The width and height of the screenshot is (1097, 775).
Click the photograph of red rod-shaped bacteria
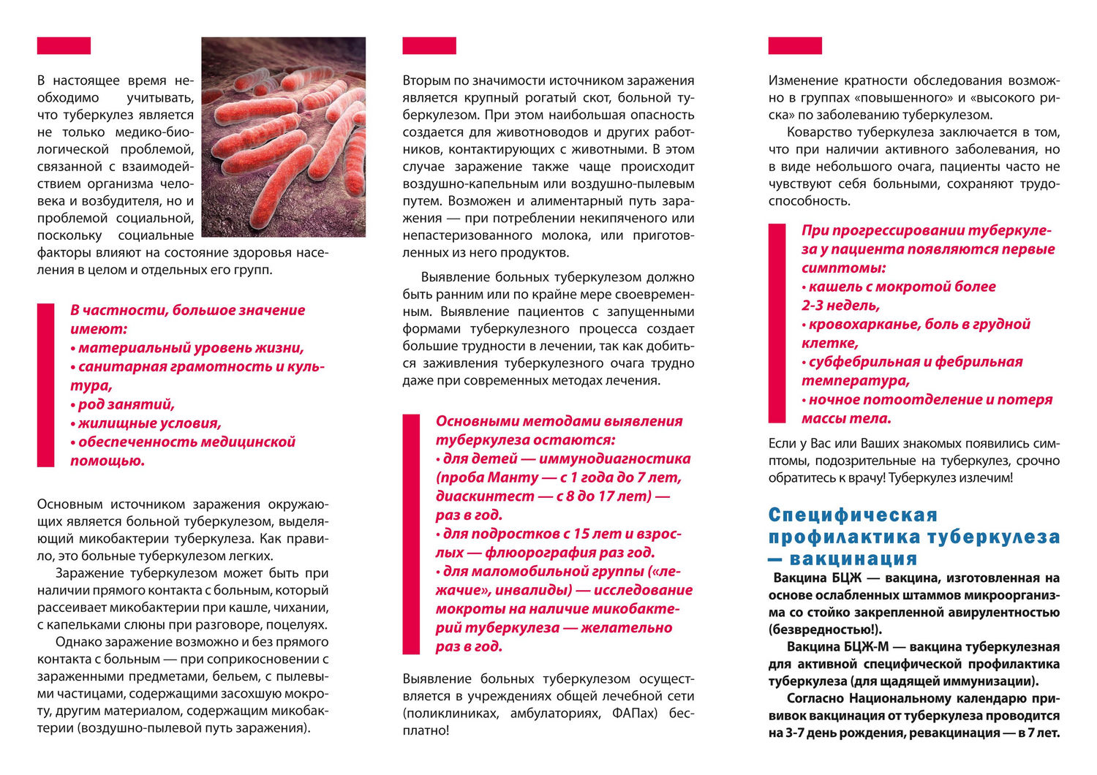pos(283,137)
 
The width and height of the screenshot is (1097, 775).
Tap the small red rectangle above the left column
pos(64,46)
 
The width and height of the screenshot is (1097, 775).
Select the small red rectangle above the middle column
pos(429,46)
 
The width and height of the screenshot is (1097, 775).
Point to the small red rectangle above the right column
pos(795,46)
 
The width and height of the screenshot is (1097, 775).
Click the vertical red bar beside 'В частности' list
pos(46,385)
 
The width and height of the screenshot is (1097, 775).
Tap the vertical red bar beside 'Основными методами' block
pos(412,534)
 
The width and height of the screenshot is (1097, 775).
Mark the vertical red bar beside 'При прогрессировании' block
pos(777,323)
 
